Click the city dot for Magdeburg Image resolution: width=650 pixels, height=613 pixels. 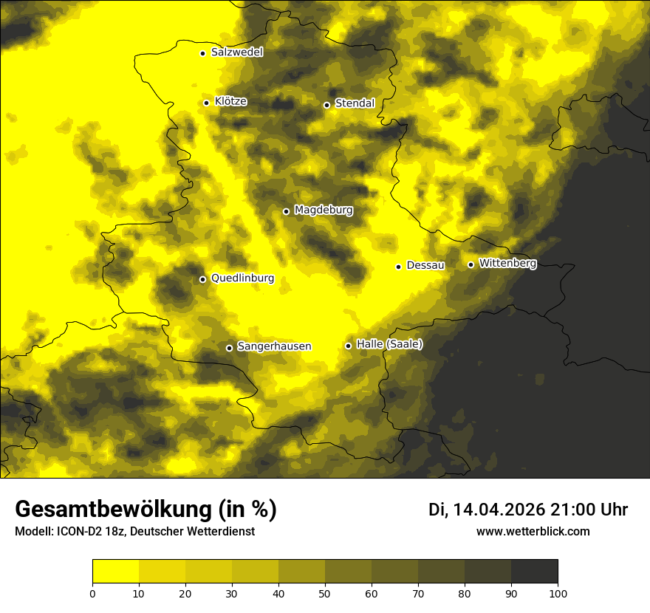286,211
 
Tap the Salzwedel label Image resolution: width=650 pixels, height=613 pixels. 236,52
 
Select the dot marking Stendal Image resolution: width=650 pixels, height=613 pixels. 326,105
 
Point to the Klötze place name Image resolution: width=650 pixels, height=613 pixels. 230,102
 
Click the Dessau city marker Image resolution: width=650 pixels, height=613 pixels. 398,267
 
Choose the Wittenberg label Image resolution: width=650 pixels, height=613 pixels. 507,264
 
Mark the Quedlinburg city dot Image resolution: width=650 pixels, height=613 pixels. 202,279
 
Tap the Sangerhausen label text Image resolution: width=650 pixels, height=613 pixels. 274,346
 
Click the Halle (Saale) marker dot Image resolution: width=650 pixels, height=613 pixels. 348,346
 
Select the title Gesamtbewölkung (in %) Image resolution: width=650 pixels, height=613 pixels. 146,510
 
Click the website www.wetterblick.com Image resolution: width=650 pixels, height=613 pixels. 533,532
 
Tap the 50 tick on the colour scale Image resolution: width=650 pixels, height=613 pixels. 325,593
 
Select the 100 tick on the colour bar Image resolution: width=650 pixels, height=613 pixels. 558,593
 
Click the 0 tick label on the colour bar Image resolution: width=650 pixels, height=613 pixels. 92,593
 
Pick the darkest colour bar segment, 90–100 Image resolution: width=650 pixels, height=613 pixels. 534,572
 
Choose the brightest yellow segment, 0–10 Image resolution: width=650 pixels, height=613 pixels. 115,572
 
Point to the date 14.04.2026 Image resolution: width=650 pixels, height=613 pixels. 499,510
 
